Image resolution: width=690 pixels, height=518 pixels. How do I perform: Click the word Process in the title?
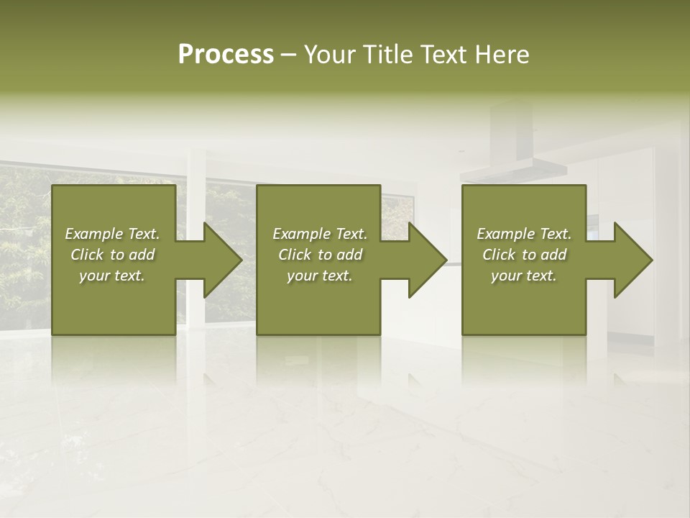coord(226,55)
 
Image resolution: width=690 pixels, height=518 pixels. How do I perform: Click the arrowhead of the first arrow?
coord(223,260)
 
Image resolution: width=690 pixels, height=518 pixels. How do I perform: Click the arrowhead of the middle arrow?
coord(428,260)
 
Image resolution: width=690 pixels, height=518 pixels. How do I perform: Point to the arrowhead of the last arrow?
coord(633,260)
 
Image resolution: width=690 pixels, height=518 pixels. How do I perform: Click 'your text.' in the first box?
coord(112,276)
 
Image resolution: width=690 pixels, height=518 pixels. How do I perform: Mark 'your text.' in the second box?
coord(320,276)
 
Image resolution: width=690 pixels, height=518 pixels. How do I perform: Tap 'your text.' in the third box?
coord(524,276)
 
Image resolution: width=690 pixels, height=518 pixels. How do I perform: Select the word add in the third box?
coord(554,255)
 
